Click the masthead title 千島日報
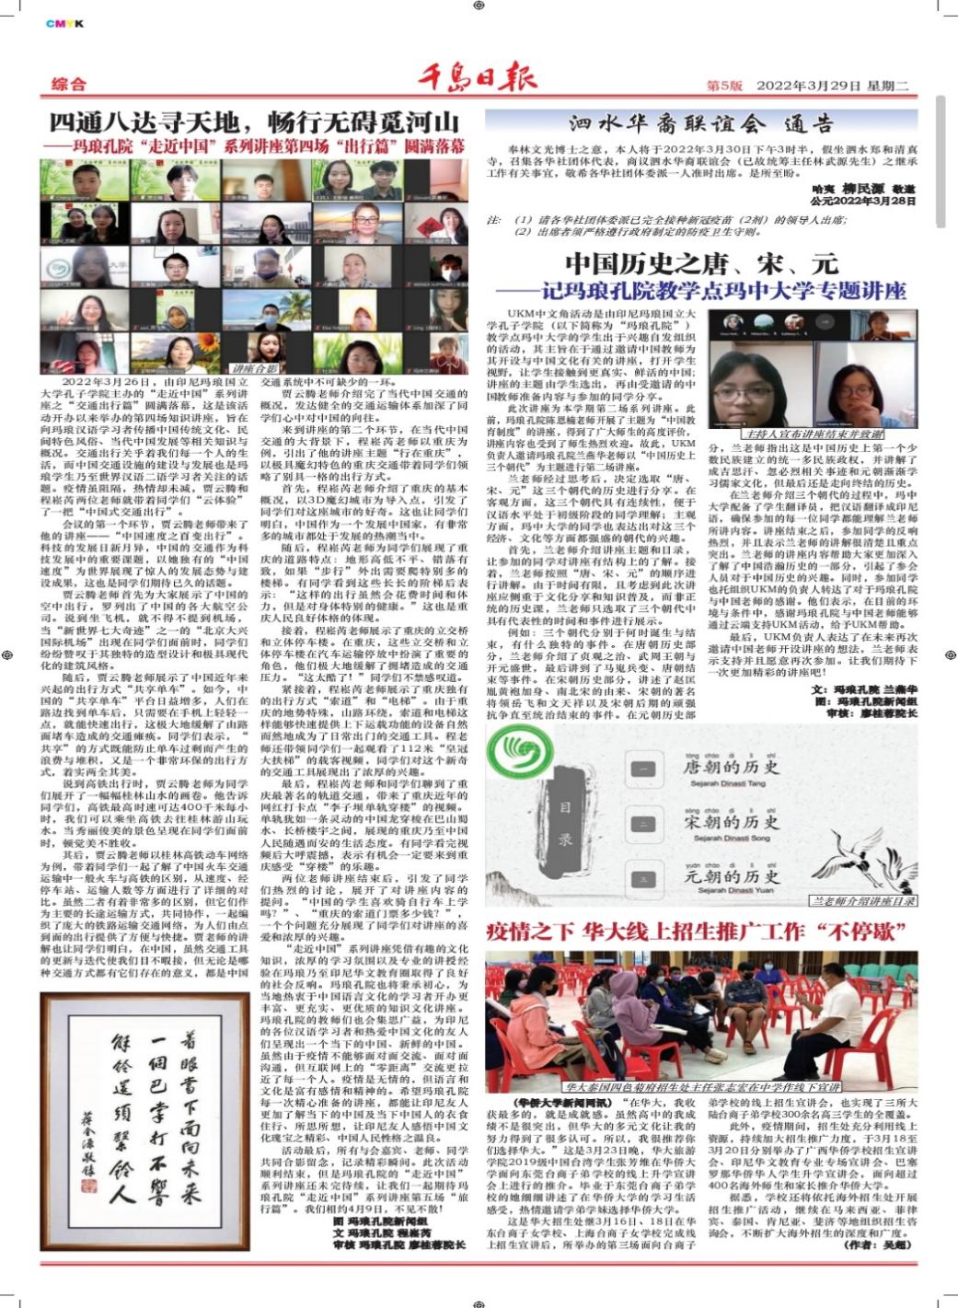pyautogui.click(x=477, y=79)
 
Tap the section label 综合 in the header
pyautogui.click(x=69, y=84)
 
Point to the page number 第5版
pyautogui.click(x=724, y=85)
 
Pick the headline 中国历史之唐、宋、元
pyautogui.click(x=701, y=264)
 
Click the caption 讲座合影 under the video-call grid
pyautogui.click(x=254, y=368)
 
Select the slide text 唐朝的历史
pyautogui.click(x=731, y=767)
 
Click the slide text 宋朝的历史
pyautogui.click(x=731, y=821)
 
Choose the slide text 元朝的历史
pyautogui.click(x=731, y=875)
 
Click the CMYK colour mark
pyautogui.click(x=64, y=24)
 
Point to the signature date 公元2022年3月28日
pyautogui.click(x=863, y=200)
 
